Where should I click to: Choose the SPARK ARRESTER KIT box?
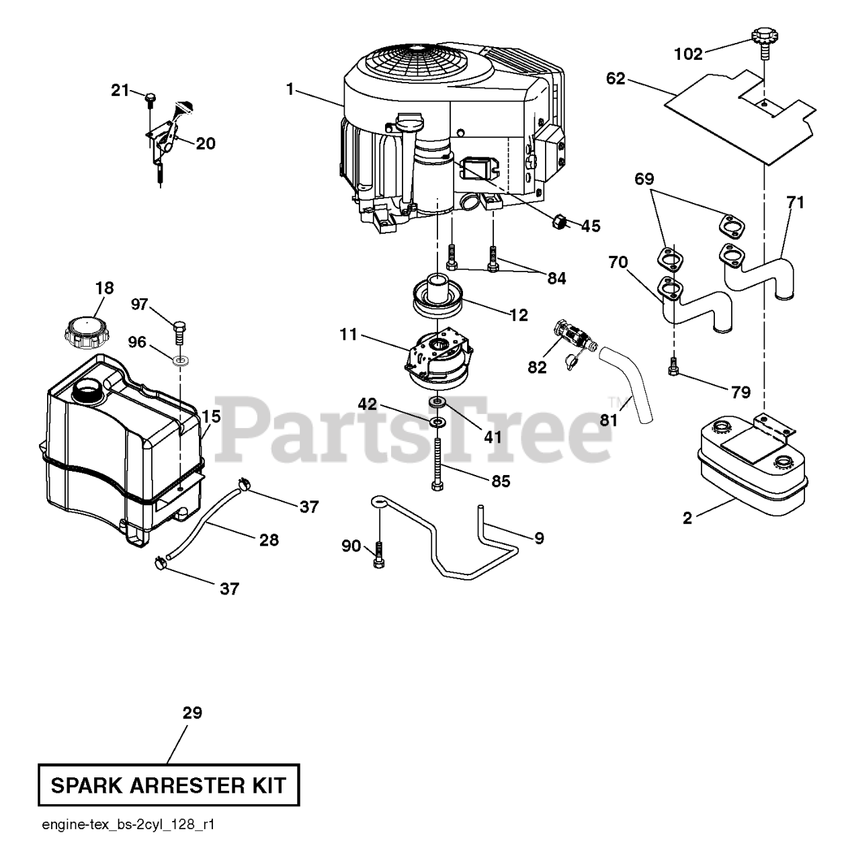point(169,785)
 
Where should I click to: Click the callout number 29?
point(192,713)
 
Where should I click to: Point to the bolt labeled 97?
point(180,332)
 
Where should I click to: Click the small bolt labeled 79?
point(673,368)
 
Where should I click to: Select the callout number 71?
point(795,202)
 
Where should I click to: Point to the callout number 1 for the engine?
point(290,88)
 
